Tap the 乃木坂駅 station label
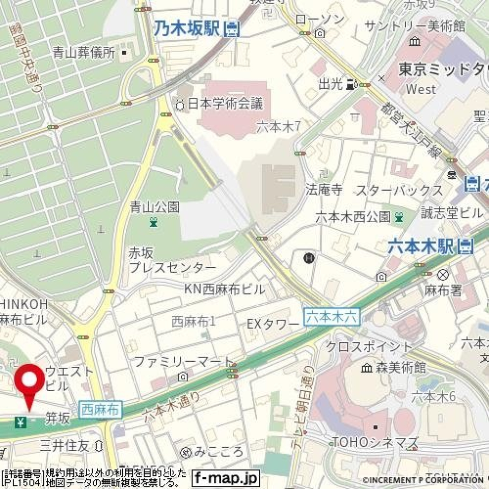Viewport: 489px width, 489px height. [x=186, y=28]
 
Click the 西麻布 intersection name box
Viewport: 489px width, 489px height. [x=101, y=409]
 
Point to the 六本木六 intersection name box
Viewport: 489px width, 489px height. [x=332, y=317]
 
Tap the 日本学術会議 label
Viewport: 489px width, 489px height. [x=226, y=104]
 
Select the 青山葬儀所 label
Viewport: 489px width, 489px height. [x=84, y=52]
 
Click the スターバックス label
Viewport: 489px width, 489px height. [x=399, y=191]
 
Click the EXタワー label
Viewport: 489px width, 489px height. [x=273, y=324]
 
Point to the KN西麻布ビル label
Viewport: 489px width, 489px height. [x=224, y=289]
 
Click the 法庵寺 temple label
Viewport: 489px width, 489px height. [x=323, y=191]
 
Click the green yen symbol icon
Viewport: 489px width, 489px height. [x=21, y=421]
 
